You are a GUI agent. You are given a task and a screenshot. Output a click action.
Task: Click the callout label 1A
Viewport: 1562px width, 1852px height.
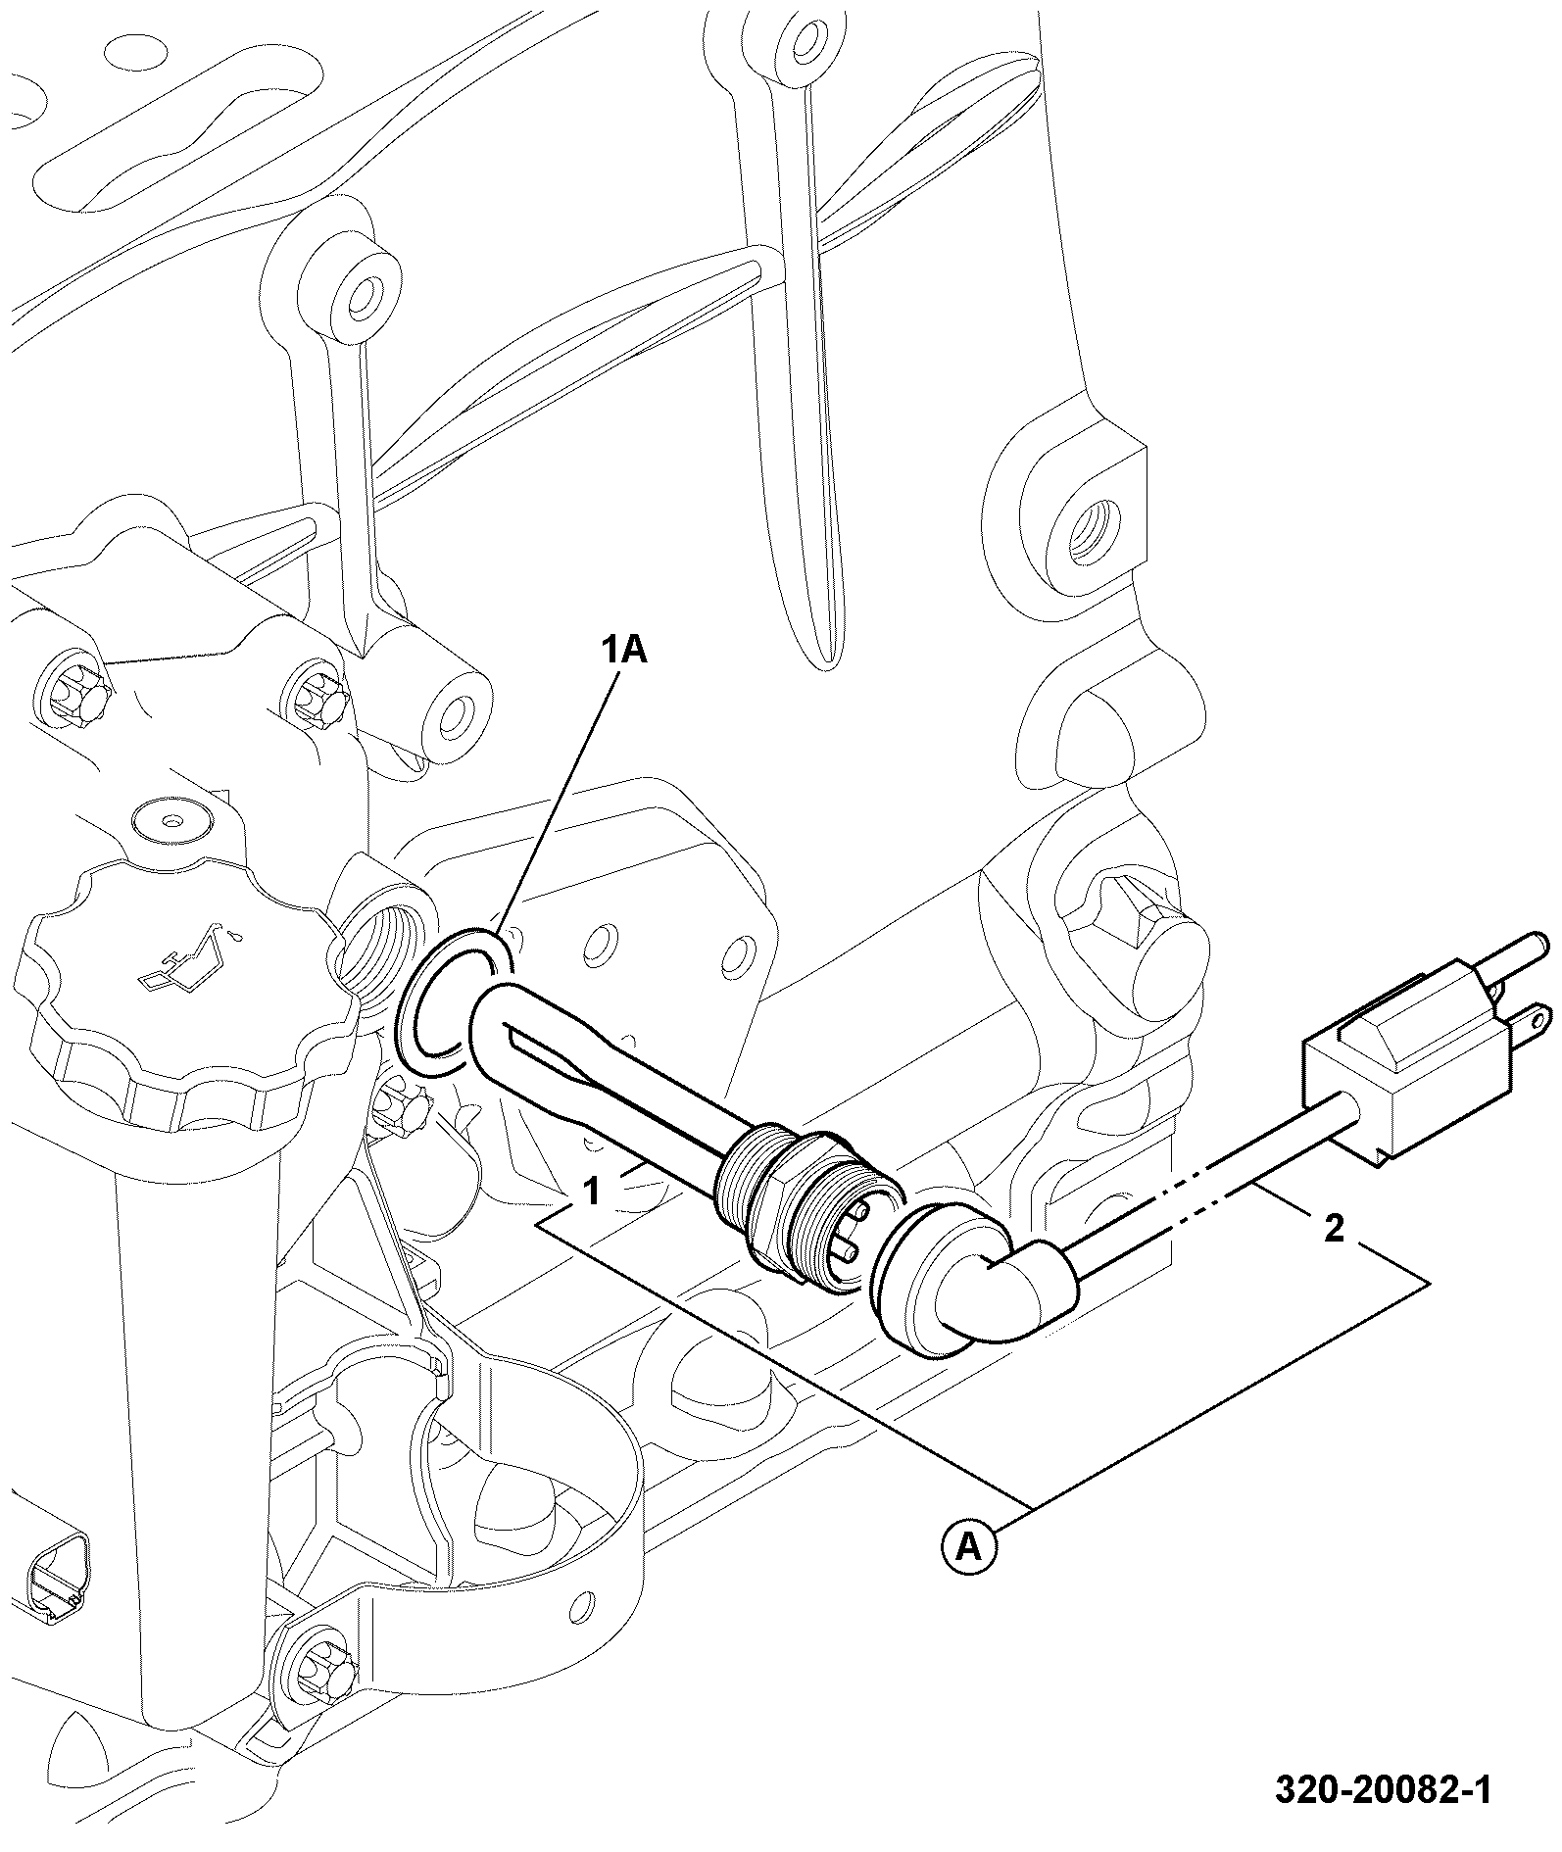[x=623, y=650]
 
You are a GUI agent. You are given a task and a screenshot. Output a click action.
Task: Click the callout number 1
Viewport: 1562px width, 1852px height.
[x=592, y=1192]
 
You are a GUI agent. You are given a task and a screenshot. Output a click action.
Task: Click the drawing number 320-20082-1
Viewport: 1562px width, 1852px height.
[x=1383, y=1789]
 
